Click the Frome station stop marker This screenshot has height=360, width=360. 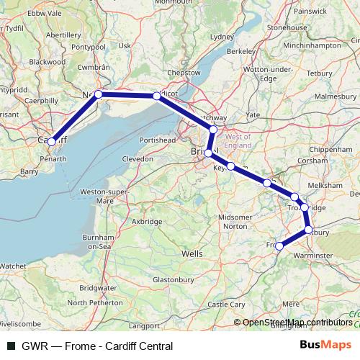(x=279, y=246)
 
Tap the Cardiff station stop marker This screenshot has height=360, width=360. (x=51, y=142)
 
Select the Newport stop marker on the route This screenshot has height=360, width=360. (x=99, y=94)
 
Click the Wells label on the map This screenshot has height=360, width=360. (x=193, y=254)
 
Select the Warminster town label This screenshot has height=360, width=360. (x=313, y=255)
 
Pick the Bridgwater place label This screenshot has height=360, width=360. (x=99, y=287)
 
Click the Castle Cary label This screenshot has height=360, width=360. (x=225, y=305)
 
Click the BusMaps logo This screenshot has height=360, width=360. (x=325, y=345)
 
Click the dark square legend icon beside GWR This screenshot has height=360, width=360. (x=11, y=346)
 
